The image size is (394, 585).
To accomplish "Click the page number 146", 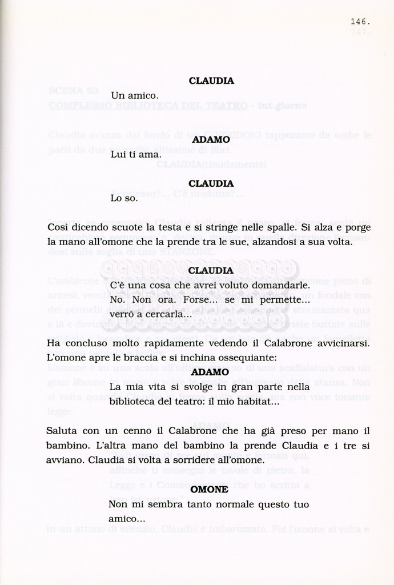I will tap(360, 22).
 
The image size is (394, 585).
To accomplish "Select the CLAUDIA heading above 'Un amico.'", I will tap(211, 81).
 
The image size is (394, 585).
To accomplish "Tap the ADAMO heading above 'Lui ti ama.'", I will tap(211, 139).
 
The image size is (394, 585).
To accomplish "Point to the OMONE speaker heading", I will tap(209, 490).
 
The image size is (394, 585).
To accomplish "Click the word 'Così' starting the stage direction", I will tap(58, 227).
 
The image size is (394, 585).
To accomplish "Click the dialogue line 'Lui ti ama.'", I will tap(136, 154).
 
